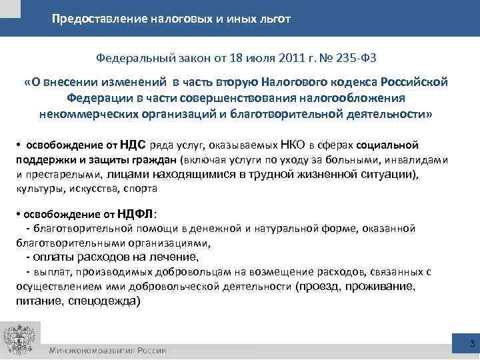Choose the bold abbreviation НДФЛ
[135, 214]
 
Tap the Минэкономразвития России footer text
[107, 351]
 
